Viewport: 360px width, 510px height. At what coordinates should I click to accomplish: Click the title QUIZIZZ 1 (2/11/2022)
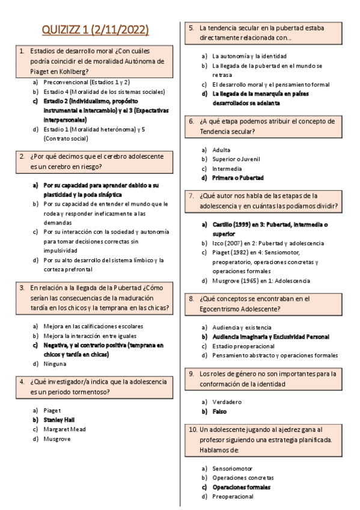coord(96,30)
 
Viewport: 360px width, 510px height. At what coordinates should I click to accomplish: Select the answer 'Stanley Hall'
coord(59,420)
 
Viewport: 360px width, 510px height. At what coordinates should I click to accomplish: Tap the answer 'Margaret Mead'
coord(64,429)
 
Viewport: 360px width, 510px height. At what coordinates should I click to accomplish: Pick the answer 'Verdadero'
coord(227,401)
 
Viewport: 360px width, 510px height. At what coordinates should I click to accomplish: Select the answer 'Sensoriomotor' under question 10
coord(233,468)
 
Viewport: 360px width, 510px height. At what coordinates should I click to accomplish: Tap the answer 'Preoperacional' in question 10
coord(233,497)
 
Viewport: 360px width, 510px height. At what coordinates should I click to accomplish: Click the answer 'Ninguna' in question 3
coord(55,364)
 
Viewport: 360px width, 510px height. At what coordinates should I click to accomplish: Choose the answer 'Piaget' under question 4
coord(52,410)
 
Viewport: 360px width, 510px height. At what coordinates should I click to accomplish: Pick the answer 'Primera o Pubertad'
coord(238,178)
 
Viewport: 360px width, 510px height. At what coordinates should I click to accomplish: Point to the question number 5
coord(190,28)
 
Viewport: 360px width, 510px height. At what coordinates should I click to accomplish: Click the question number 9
coord(190,373)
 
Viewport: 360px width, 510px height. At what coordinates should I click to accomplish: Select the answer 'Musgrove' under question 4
coord(57,439)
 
